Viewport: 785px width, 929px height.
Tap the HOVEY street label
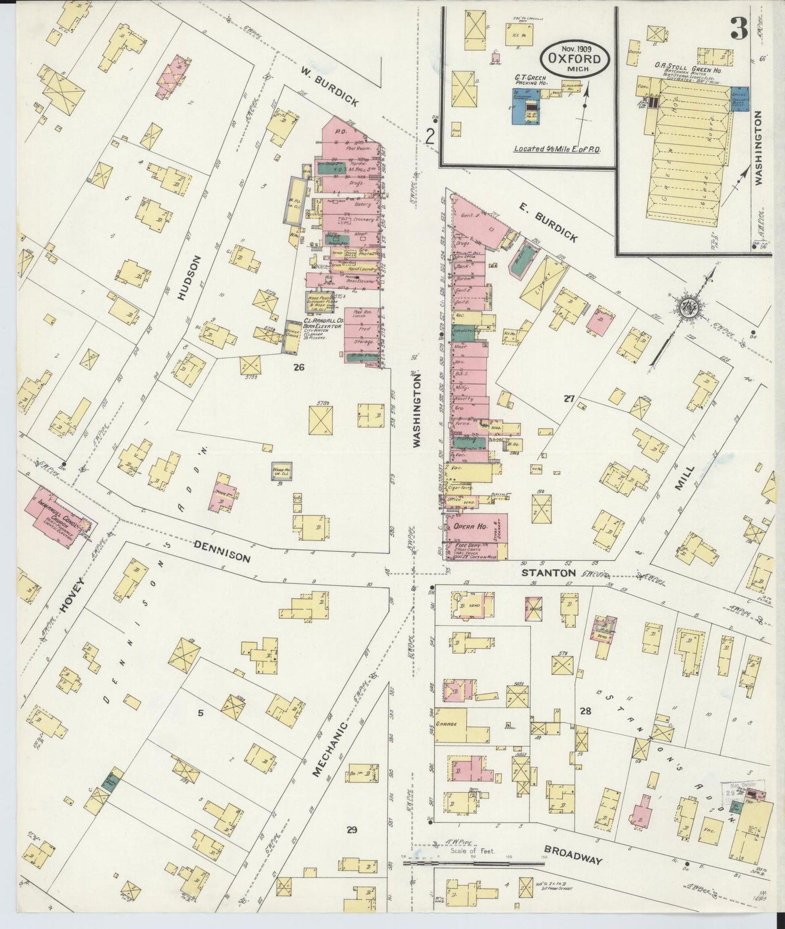point(70,595)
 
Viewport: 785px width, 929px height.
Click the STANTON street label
point(548,573)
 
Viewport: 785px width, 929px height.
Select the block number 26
point(298,368)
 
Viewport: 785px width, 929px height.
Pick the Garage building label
point(450,724)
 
